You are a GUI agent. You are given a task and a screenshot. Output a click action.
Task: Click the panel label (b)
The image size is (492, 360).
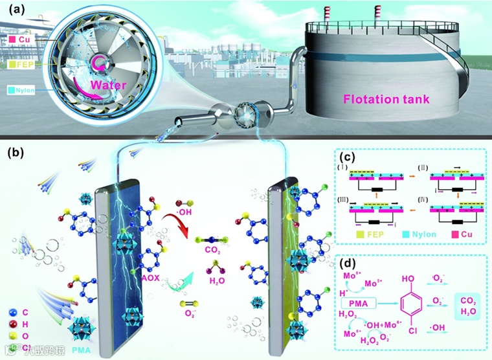coord(17,154)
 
